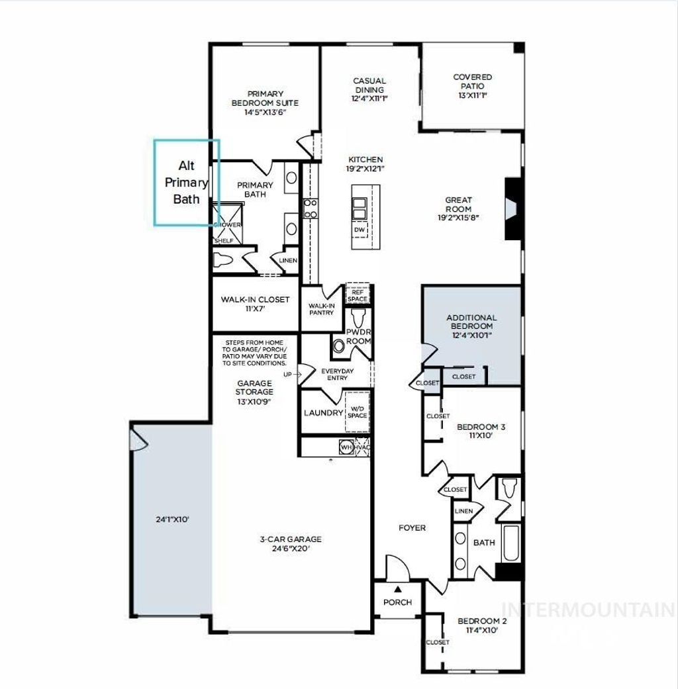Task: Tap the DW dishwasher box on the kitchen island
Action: pyautogui.click(x=360, y=230)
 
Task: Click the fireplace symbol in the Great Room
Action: pyautogui.click(x=511, y=208)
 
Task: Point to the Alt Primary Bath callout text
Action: pyautogui.click(x=186, y=182)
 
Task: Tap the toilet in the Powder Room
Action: pyautogui.click(x=340, y=345)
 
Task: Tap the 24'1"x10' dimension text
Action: pyautogui.click(x=173, y=520)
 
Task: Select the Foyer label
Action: pyautogui.click(x=412, y=528)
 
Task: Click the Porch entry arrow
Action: pyautogui.click(x=398, y=589)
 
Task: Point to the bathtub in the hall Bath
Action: pyautogui.click(x=511, y=543)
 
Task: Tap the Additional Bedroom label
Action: pyautogui.click(x=471, y=322)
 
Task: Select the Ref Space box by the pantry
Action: pyautogui.click(x=358, y=295)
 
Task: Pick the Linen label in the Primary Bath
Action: pyautogui.click(x=288, y=261)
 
